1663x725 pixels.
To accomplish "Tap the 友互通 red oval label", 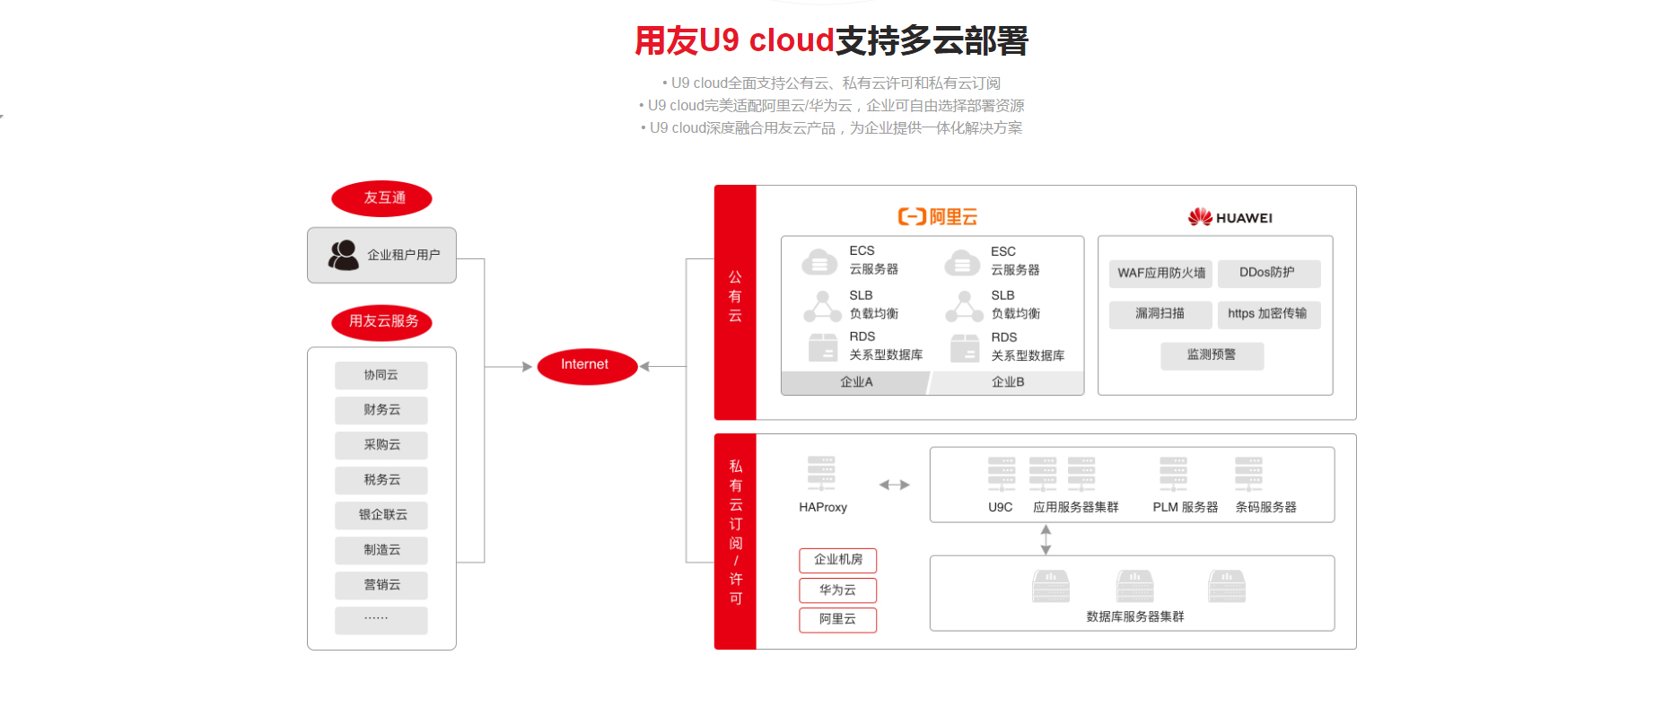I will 381,198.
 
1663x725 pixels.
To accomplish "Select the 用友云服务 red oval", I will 381,322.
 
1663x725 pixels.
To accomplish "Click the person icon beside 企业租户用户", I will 343,255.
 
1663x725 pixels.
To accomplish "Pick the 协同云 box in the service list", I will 381,375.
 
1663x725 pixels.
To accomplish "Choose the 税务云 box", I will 381,480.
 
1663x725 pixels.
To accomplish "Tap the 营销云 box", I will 381,585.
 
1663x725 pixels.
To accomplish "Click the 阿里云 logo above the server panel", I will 937,217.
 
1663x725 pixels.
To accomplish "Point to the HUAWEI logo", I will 1230,217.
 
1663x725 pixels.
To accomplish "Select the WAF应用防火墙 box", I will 1160,273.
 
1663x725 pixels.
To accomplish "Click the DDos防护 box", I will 1267,273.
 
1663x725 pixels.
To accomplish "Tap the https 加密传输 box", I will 1267,314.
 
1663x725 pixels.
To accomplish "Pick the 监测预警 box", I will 1212,355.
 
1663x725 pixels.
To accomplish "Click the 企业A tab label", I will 855,382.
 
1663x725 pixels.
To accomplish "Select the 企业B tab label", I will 1007,382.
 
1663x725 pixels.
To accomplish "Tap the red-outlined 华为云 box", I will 837,590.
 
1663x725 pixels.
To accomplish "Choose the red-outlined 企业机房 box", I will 837,560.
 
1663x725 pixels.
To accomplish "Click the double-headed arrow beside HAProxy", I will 894,485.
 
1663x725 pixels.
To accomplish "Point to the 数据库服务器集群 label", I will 1134,616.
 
